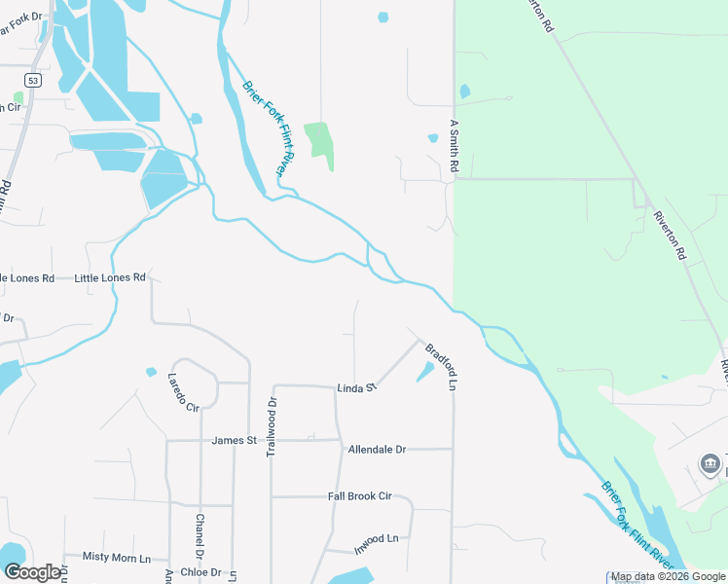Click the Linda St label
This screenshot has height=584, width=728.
(x=356, y=388)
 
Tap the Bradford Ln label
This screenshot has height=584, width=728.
(x=440, y=365)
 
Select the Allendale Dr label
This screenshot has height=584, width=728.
(x=376, y=450)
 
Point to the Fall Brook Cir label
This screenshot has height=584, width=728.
(x=359, y=496)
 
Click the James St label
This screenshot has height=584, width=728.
(x=234, y=441)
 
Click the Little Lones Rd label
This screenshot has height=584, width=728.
(x=110, y=277)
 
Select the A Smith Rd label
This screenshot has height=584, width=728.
(x=453, y=146)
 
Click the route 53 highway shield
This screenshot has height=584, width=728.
(x=33, y=82)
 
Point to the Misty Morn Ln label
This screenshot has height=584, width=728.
(x=117, y=558)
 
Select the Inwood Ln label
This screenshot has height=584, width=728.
(x=377, y=538)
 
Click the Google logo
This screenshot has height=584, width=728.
(x=31, y=572)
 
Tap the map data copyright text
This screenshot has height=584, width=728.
(x=669, y=577)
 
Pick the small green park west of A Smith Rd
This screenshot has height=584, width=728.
(x=320, y=143)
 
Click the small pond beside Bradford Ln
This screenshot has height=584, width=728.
(x=425, y=371)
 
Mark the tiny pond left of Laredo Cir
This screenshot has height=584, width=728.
(x=151, y=372)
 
